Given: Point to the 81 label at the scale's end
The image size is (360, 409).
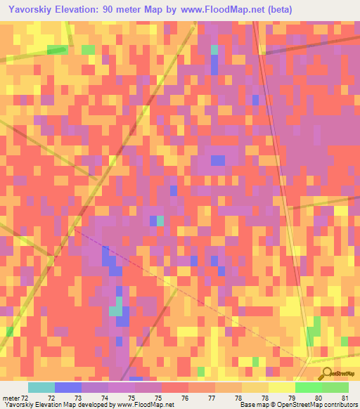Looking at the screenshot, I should tap(344, 397).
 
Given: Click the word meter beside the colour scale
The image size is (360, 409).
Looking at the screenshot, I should tap(11, 397).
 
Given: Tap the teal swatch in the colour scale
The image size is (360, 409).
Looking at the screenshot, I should tap(41, 387).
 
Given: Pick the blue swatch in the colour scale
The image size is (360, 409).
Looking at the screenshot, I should tap(68, 387).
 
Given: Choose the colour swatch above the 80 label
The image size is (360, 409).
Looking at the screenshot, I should tap(309, 387).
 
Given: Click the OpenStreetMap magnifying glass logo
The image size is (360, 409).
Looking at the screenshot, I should tap(326, 375).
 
